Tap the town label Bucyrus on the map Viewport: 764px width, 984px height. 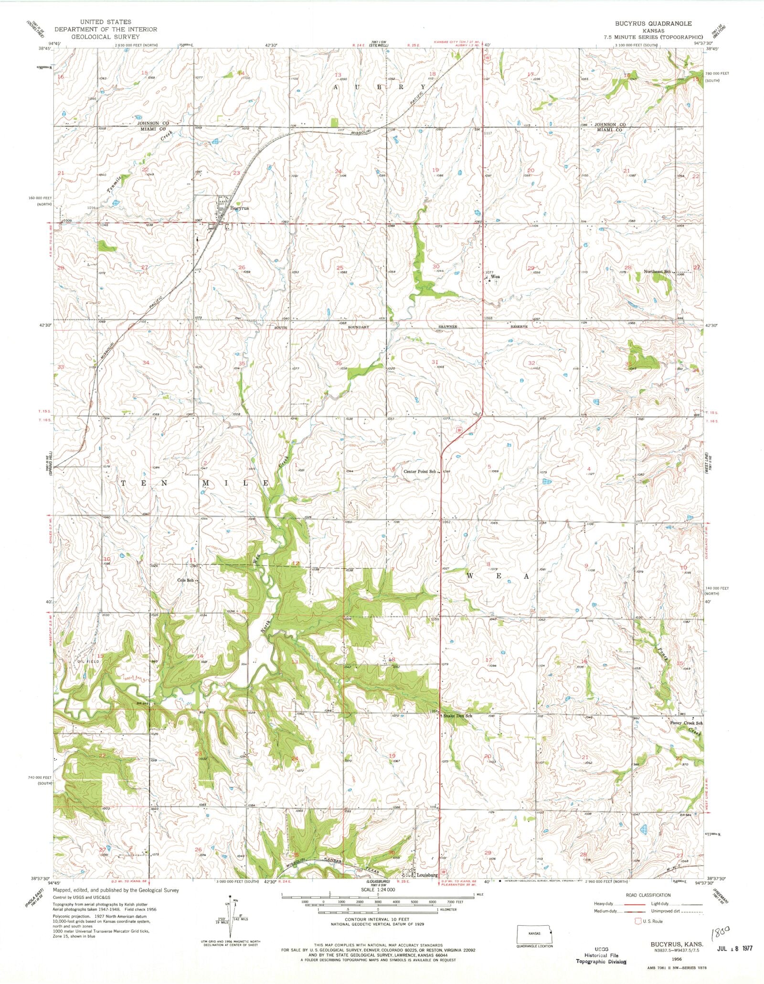click(x=239, y=208)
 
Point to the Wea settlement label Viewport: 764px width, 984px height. click(x=495, y=276)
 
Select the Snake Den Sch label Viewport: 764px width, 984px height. click(x=457, y=716)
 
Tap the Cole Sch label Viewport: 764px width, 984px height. click(x=185, y=580)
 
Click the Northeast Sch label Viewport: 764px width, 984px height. click(x=658, y=271)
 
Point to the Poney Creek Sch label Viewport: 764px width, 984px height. click(x=683, y=723)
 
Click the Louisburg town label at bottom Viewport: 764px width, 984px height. click(x=427, y=875)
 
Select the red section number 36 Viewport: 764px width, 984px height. click(x=338, y=364)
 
